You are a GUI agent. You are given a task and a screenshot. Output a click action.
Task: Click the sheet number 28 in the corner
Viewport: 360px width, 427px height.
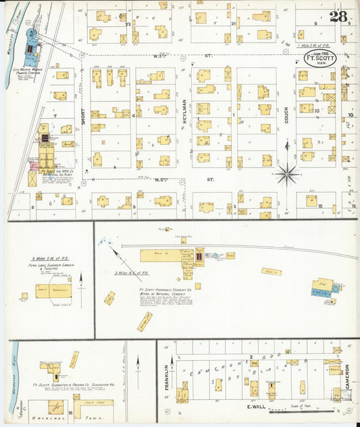coord(338,16)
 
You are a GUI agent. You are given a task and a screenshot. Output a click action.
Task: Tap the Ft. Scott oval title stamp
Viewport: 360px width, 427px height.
coord(319,57)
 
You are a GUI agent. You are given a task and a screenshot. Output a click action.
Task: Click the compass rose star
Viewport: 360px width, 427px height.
coord(288,174)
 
